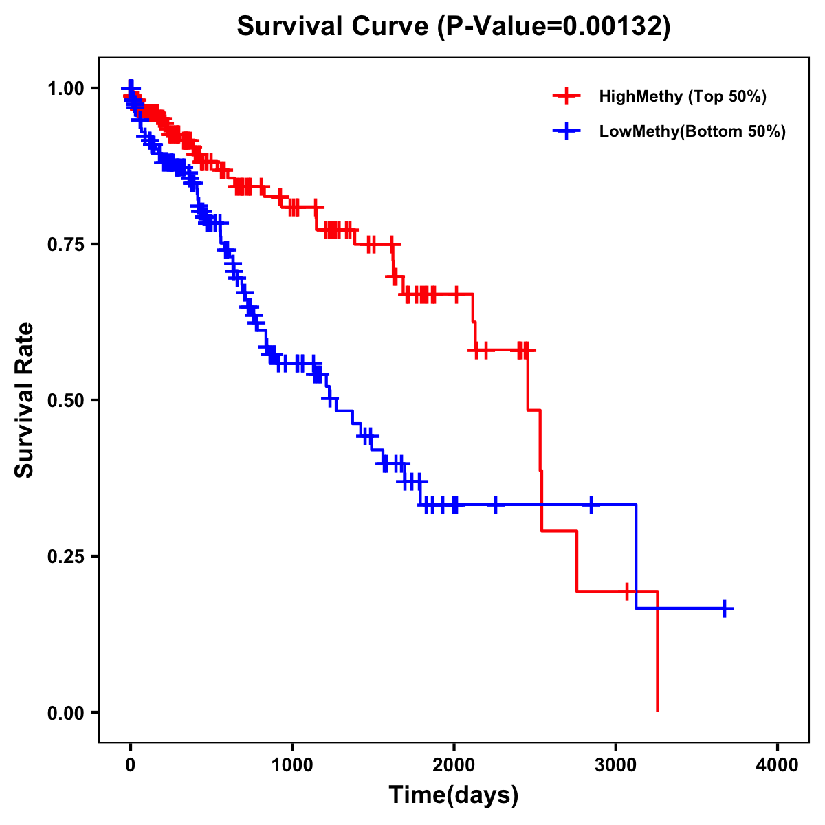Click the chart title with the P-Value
click(x=454, y=26)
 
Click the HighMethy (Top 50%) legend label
click(x=683, y=96)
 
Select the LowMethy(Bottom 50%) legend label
click(x=692, y=131)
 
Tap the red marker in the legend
click(x=566, y=96)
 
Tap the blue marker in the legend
click(x=566, y=131)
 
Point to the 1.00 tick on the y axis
click(x=65, y=88)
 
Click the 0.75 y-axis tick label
click(x=65, y=244)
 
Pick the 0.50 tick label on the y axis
click(x=65, y=400)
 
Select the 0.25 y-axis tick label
click(x=65, y=556)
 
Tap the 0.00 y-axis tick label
click(x=65, y=713)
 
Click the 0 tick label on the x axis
click(x=131, y=766)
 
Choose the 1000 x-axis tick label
click(x=292, y=766)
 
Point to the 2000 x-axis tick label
click(x=454, y=766)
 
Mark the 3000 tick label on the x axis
click(x=616, y=766)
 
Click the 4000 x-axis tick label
click(x=778, y=766)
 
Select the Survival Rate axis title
click(x=25, y=400)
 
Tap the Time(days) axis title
click(x=454, y=795)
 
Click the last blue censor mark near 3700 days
click(x=725, y=609)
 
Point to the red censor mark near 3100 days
click(x=627, y=591)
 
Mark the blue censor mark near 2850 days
click(x=591, y=505)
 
